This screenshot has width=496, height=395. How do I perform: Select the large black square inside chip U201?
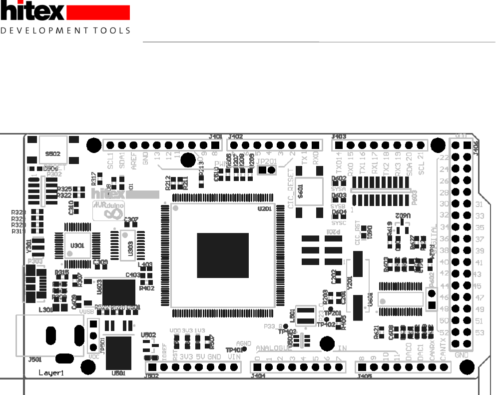[222, 255]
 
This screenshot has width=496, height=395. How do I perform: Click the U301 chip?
[77, 245]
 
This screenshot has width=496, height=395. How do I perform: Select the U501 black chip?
[118, 353]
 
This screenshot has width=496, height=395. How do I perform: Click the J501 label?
[34, 359]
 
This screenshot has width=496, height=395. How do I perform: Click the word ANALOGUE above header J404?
[273, 348]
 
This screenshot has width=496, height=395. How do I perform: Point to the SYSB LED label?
[338, 206]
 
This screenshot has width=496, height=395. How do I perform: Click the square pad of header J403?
[338, 145]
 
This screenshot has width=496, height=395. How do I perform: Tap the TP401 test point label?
[233, 350]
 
